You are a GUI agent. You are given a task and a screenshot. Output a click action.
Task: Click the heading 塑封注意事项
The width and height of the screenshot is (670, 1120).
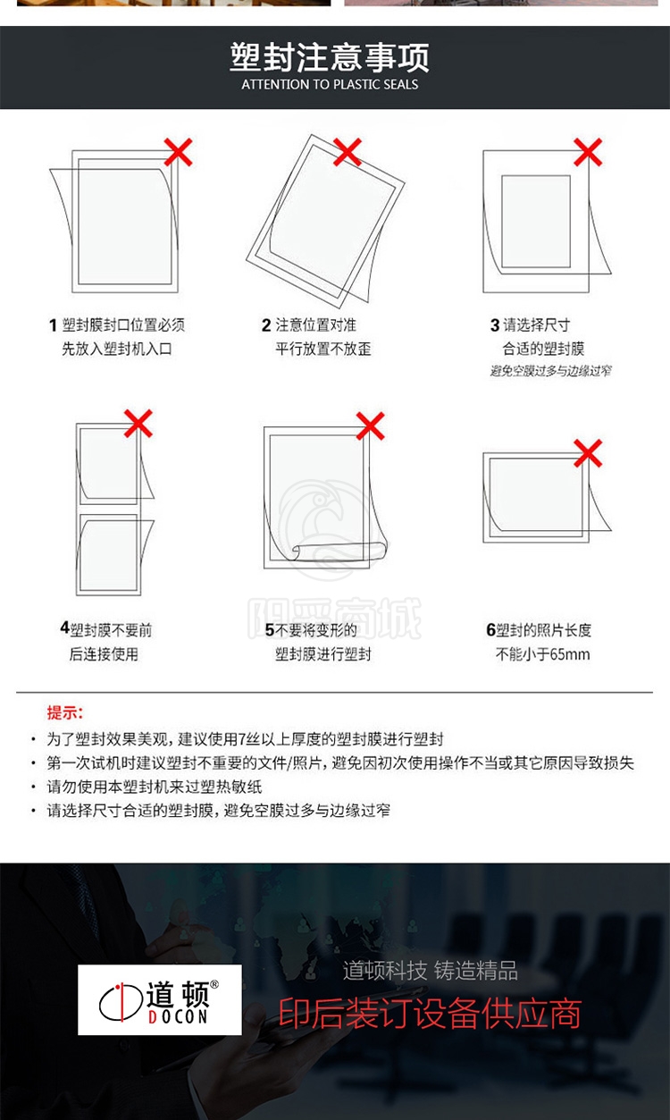click(330, 57)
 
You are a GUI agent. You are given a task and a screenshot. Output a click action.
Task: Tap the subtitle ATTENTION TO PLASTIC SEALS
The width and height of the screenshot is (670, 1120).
click(330, 84)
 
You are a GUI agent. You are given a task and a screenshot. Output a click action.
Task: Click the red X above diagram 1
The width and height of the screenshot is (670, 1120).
click(178, 152)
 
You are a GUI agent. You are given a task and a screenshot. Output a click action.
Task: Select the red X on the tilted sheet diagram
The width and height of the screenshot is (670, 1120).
click(348, 152)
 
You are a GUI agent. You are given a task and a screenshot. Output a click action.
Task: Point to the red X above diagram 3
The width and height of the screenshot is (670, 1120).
click(588, 152)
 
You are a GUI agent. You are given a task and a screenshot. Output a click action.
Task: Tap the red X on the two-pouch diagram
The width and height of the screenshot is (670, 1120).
click(138, 424)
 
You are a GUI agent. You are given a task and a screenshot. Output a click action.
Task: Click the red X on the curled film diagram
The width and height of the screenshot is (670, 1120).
click(370, 426)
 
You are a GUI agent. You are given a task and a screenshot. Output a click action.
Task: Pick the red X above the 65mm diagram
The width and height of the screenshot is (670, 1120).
click(588, 453)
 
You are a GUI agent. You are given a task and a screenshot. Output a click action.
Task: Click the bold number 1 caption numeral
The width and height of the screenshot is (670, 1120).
click(53, 325)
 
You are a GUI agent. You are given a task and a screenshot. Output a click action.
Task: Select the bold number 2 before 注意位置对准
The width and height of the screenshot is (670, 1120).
click(266, 325)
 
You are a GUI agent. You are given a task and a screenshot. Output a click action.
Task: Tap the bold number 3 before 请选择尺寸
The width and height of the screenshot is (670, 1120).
click(495, 325)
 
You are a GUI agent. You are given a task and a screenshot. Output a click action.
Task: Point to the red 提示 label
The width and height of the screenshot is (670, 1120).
click(65, 712)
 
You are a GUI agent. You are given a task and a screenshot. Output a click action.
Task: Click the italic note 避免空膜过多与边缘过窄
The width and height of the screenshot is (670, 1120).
click(550, 370)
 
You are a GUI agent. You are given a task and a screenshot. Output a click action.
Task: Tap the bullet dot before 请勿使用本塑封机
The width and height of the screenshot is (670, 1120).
click(33, 787)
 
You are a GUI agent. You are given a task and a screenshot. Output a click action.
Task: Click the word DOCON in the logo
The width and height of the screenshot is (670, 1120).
click(178, 1016)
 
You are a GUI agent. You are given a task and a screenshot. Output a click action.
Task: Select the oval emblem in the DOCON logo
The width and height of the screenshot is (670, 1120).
click(121, 1001)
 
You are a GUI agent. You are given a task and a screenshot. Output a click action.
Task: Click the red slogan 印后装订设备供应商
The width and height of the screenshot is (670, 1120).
click(430, 1014)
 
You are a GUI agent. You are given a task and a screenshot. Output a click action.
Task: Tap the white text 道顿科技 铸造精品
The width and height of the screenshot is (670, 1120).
click(431, 971)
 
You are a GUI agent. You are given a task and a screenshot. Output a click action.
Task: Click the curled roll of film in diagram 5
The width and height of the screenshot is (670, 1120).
click(339, 551)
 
